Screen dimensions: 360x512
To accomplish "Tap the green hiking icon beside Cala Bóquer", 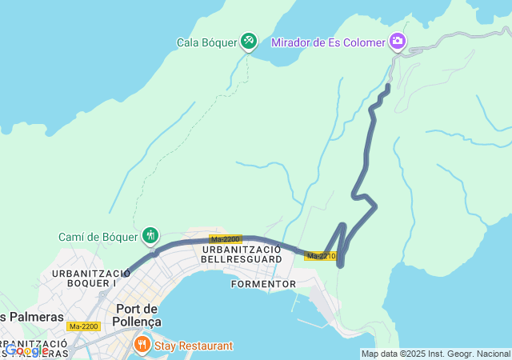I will [x=249, y=40].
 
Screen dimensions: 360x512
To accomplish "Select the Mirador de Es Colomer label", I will [x=328, y=42].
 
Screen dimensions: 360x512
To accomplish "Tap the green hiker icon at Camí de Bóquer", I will [x=150, y=235].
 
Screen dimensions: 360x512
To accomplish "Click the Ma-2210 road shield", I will [x=321, y=256].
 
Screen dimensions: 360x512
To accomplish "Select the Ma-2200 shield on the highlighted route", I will [x=226, y=239].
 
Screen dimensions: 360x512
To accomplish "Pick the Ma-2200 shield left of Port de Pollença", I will [x=83, y=326].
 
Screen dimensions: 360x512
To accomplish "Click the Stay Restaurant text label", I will [x=194, y=346].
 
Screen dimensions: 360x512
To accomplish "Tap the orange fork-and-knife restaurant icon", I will [x=142, y=345].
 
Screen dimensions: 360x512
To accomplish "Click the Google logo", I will [x=26, y=350].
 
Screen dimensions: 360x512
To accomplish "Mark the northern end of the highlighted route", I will [x=389, y=86].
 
